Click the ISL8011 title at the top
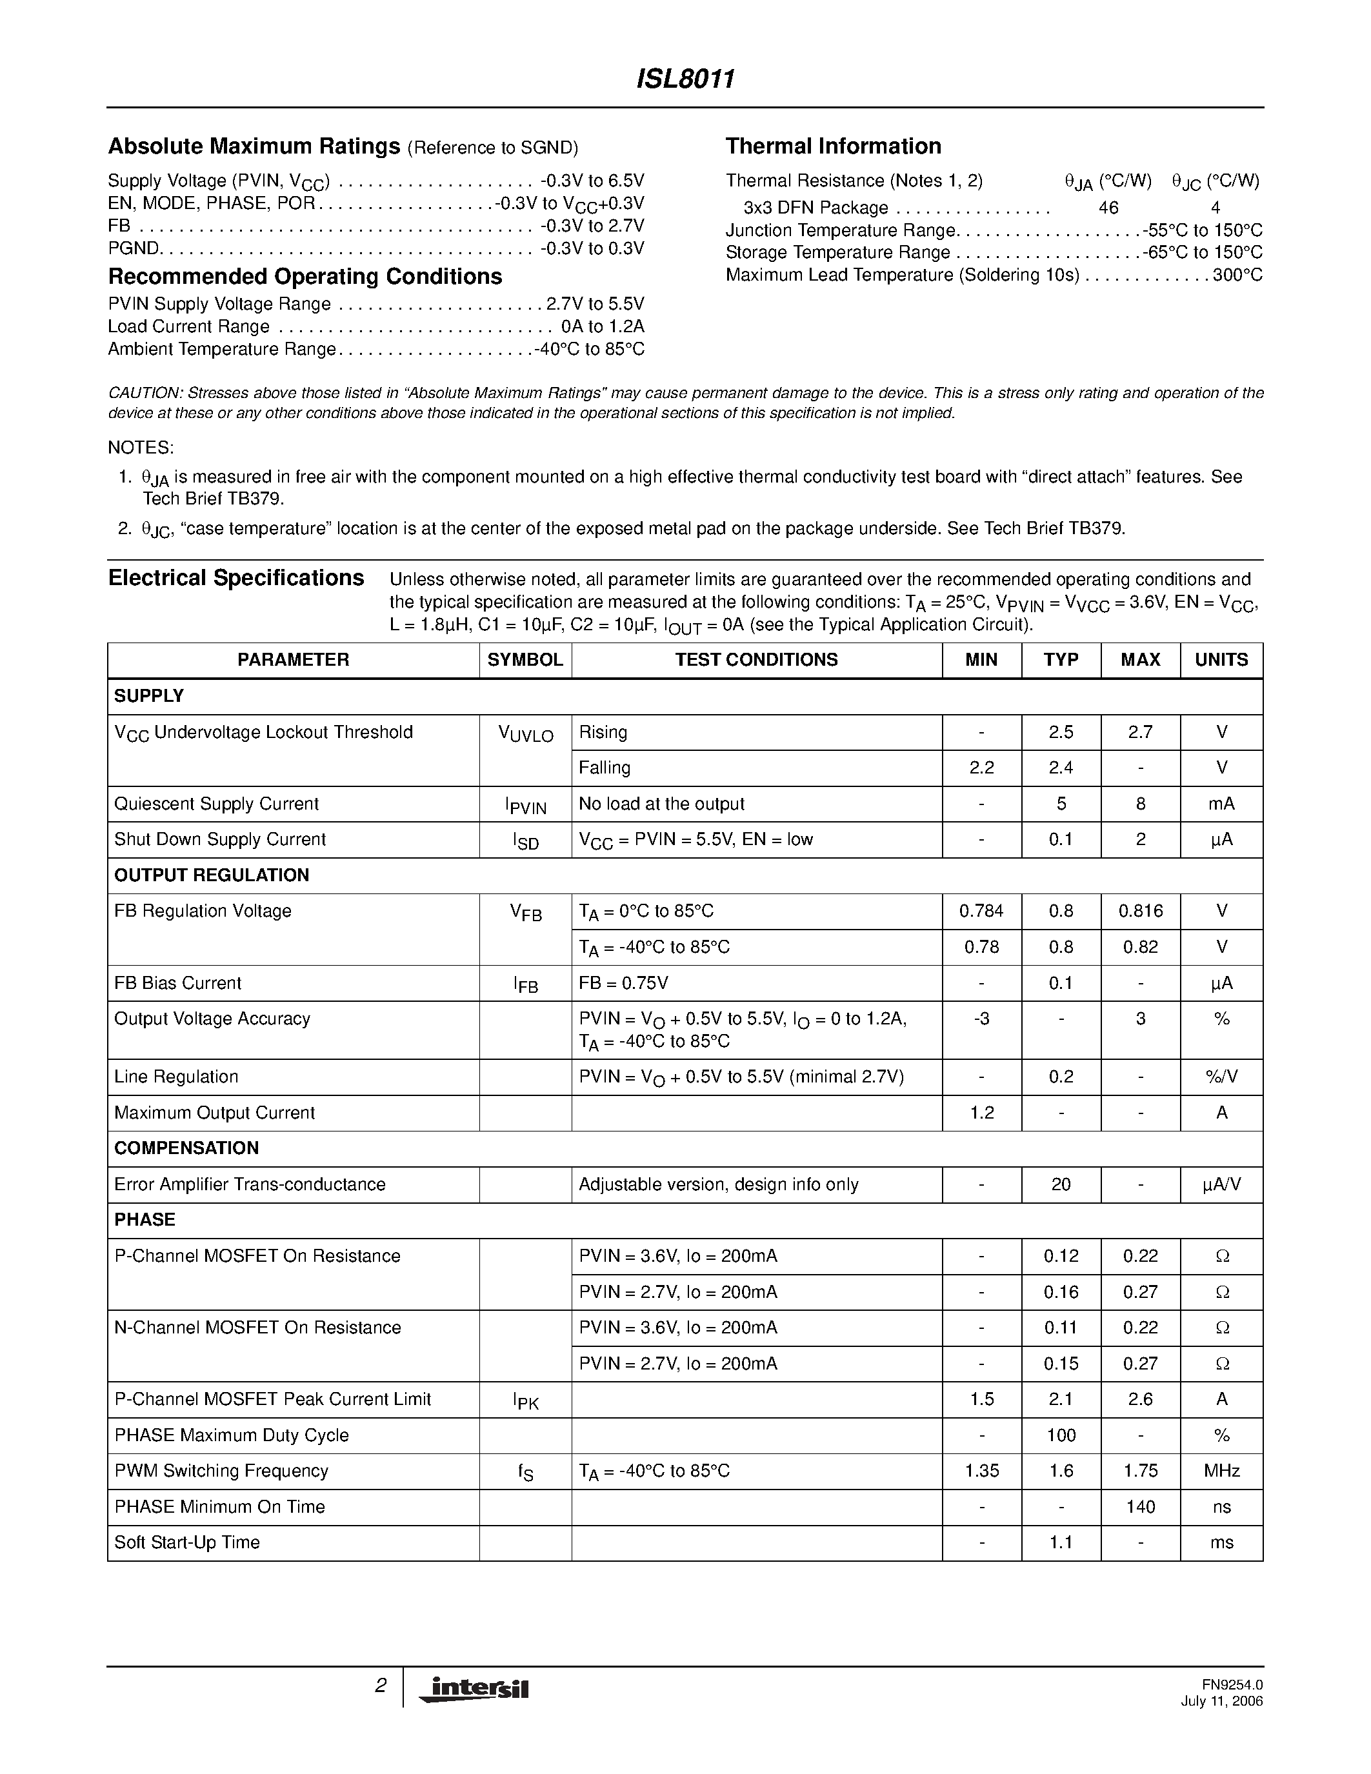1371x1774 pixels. point(685,79)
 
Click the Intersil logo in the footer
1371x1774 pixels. point(474,1689)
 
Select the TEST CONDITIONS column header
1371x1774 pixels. point(756,659)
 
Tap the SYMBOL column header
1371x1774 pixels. point(525,659)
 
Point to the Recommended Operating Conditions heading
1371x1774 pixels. point(305,277)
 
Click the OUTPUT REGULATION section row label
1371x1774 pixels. point(211,875)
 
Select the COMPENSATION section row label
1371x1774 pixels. point(186,1148)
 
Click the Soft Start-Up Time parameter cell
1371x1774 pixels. point(187,1542)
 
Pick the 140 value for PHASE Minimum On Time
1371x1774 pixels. point(1140,1507)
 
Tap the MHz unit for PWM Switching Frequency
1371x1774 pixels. point(1221,1470)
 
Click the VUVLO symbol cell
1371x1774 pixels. point(525,734)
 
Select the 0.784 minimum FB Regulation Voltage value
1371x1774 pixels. point(981,912)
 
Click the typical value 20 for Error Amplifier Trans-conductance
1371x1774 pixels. point(1061,1184)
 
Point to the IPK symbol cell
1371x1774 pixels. point(525,1400)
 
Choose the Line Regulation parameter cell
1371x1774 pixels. point(176,1077)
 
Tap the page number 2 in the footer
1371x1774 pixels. point(380,1686)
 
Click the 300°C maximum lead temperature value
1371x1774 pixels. point(1238,275)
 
